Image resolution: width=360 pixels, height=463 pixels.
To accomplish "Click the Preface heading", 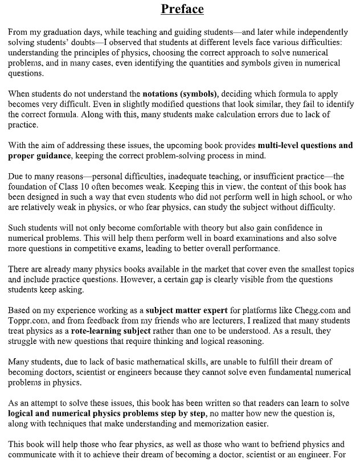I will tap(182, 9).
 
